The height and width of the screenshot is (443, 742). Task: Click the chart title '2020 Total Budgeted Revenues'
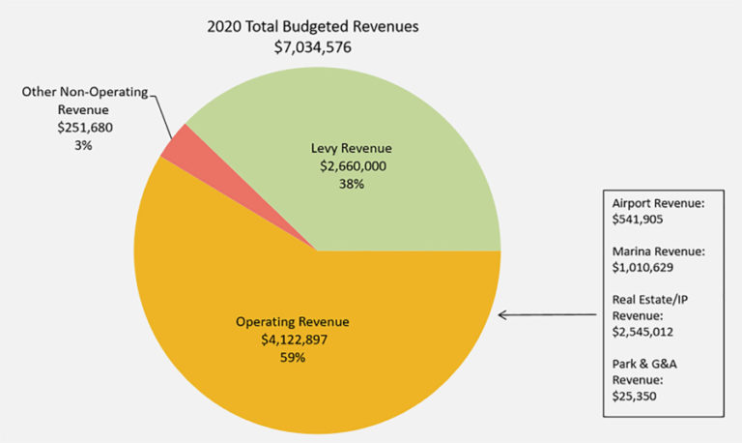click(312, 26)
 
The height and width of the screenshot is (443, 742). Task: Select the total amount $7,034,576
click(312, 46)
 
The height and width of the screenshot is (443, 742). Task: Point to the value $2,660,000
click(351, 166)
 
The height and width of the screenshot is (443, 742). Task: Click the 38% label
click(351, 184)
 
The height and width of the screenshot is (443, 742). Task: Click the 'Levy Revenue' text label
click(351, 148)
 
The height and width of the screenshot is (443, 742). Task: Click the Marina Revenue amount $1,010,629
click(644, 269)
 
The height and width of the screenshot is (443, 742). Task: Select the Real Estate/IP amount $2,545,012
click(644, 331)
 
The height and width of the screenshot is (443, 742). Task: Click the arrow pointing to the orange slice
click(549, 314)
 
